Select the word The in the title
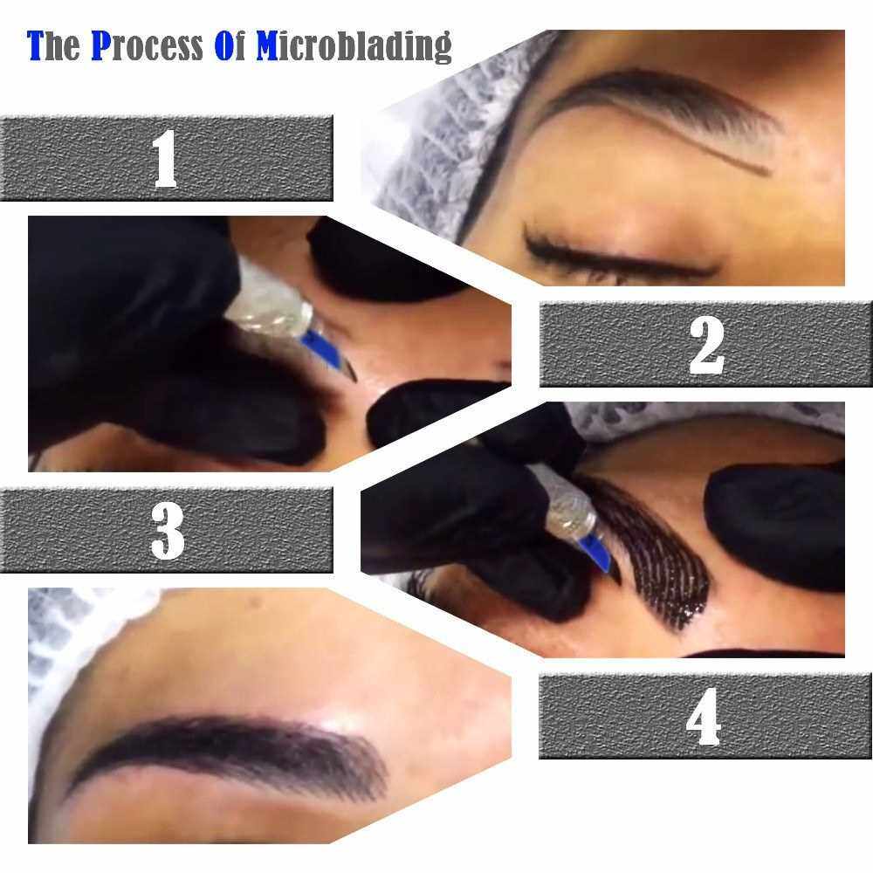point(53,45)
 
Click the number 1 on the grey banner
point(165,159)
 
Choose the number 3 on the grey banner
point(167,531)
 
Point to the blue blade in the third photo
point(601,554)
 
